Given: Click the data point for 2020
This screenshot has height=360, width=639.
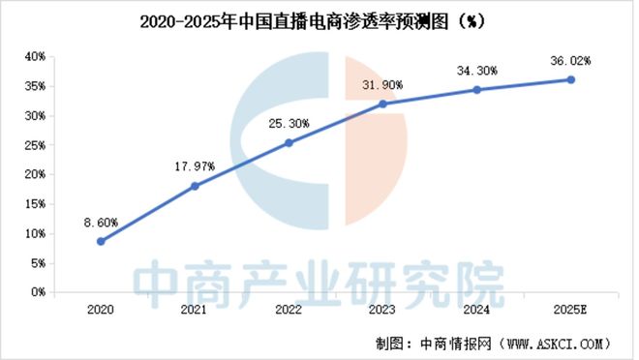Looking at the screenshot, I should point(101,241).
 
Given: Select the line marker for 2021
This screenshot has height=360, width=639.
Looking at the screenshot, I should point(195,186).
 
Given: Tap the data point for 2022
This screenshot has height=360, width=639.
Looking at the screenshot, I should point(289,142).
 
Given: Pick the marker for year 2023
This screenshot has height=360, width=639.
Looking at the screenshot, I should point(382,104).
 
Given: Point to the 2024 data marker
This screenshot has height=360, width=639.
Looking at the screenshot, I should point(476,89).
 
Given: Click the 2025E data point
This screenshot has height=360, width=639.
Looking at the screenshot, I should point(570,79).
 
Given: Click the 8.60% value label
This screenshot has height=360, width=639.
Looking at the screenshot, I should point(101,222).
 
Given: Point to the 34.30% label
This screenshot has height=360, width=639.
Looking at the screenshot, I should point(476,70).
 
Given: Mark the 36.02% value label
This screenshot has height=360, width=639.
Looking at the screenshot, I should point(570,60).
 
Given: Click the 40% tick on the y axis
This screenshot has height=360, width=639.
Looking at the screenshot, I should point(36,57).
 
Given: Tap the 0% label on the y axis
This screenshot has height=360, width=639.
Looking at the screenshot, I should point(39,292).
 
